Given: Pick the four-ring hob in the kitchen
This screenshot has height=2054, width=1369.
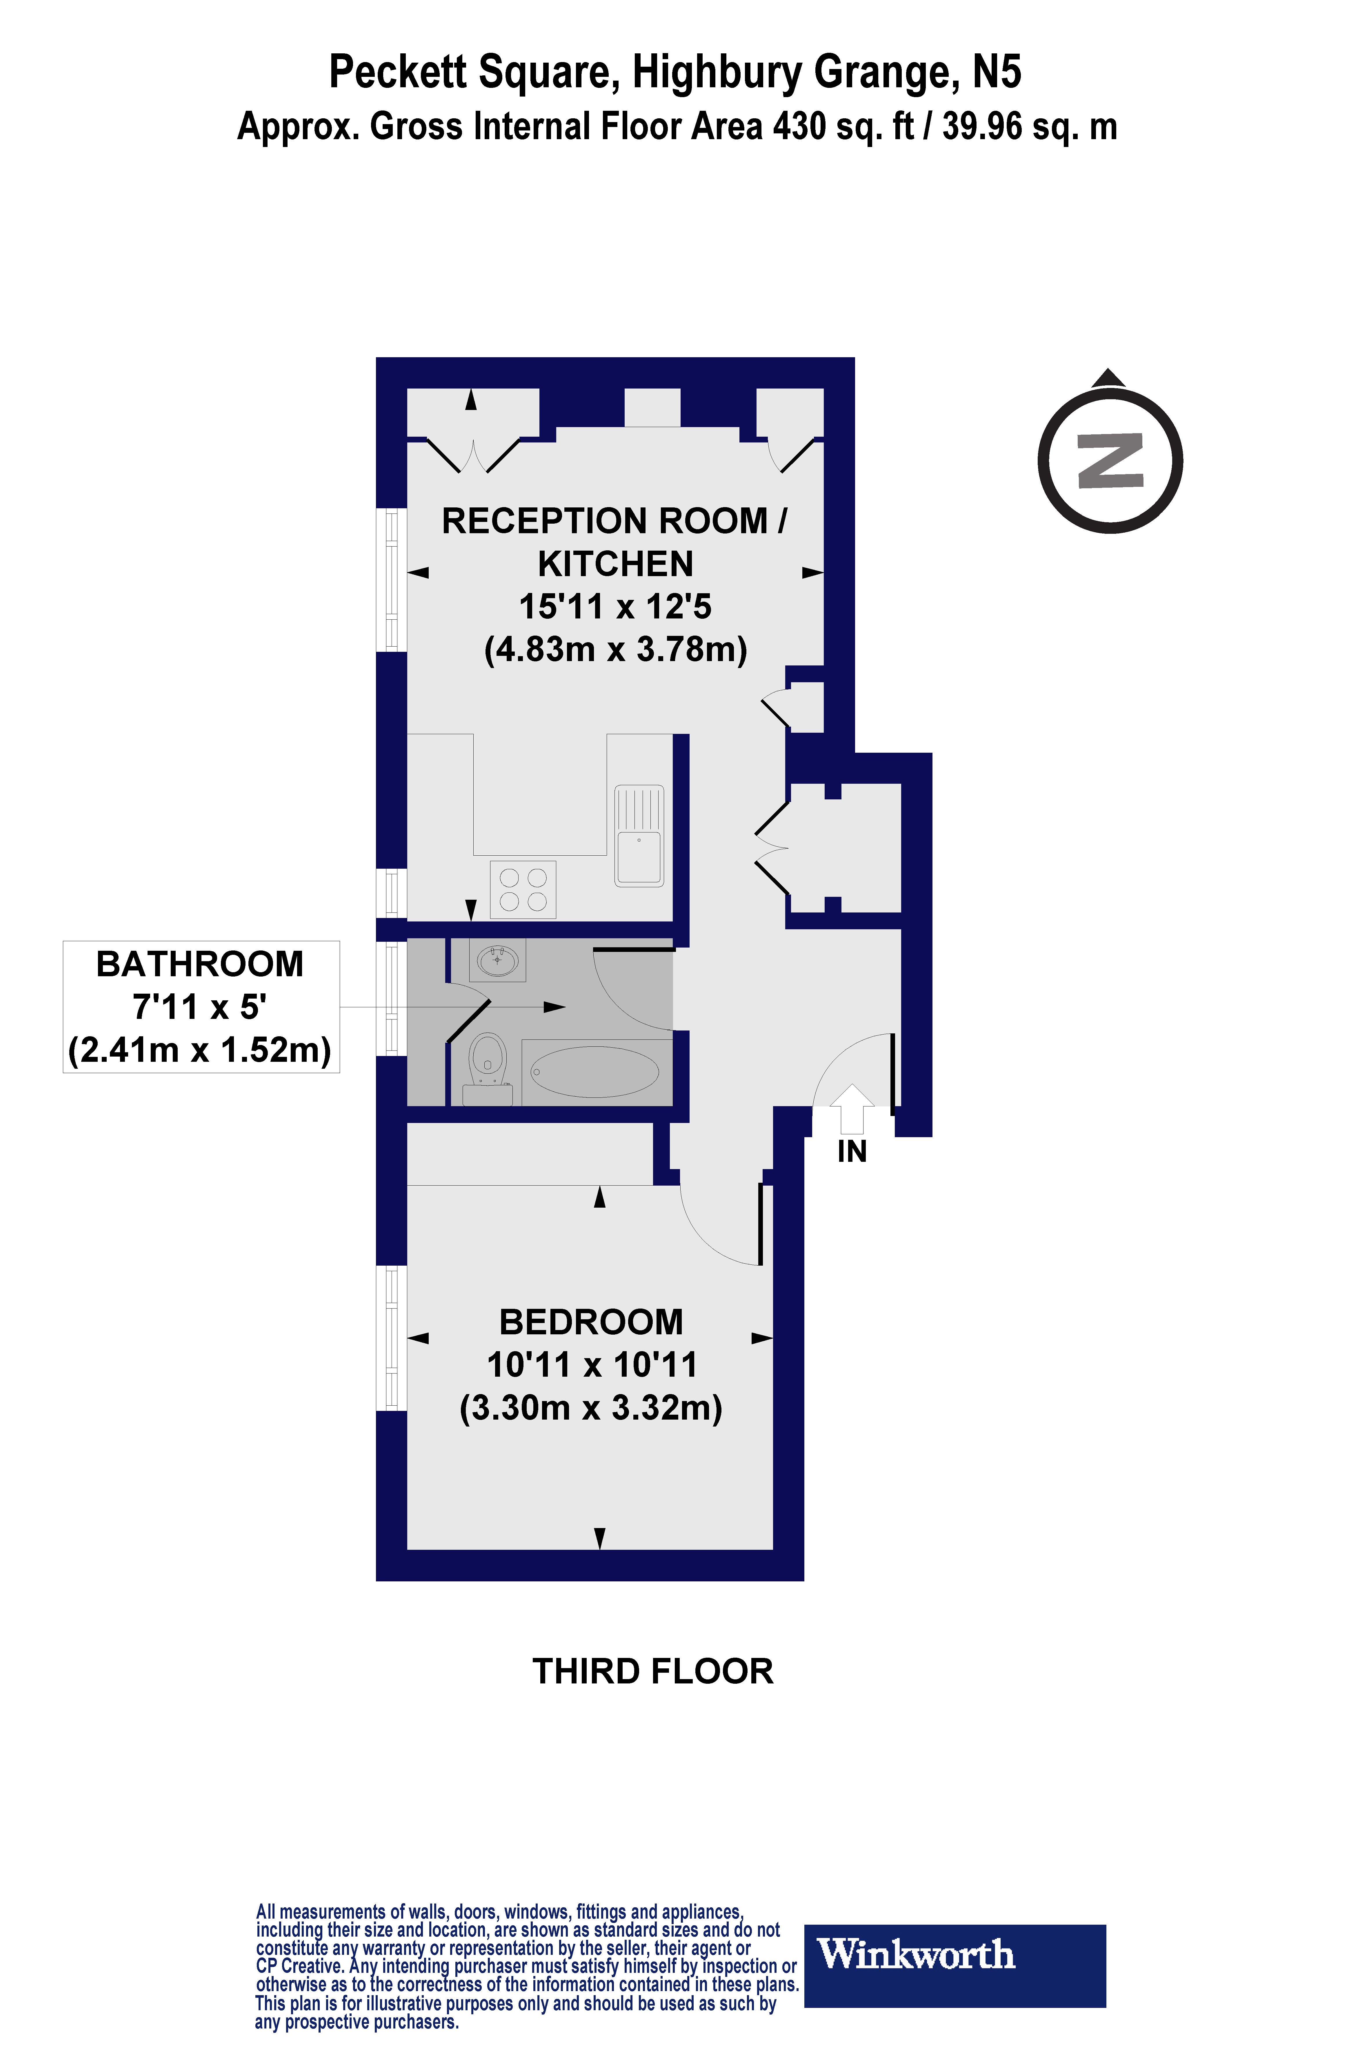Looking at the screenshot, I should point(523,889).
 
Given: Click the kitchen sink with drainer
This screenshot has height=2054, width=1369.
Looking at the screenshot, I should point(639,836).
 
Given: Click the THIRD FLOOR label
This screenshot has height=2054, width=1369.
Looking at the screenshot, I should point(653,1672).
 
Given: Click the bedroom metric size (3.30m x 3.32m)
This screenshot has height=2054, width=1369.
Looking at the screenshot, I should point(591,1408).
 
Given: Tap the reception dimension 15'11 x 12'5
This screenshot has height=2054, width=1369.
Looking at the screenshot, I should point(616,606).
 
